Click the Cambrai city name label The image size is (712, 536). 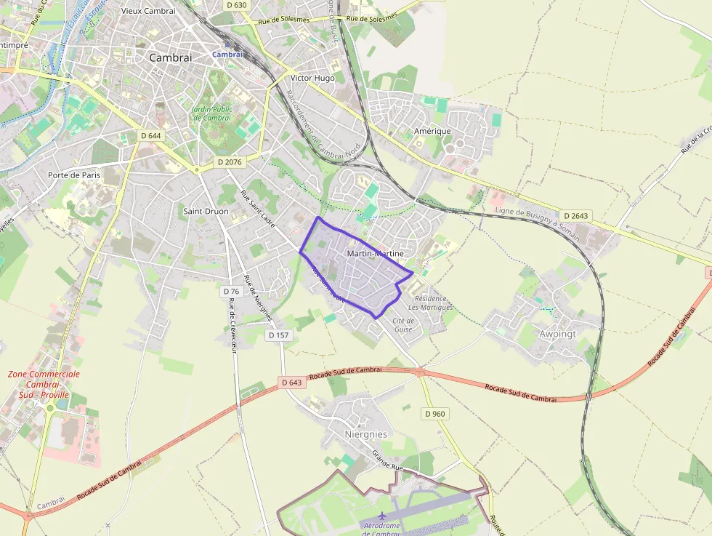[x=170, y=57]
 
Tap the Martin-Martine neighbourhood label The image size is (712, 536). [x=376, y=253]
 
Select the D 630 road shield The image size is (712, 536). [x=237, y=5]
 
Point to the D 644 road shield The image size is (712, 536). [x=150, y=135]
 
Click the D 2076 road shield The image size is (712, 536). [x=230, y=162]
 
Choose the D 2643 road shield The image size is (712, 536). [x=575, y=216]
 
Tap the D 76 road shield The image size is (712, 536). [x=231, y=291]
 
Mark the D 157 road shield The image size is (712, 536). [x=278, y=335]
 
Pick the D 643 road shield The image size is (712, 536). [x=291, y=383]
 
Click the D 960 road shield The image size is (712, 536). [x=434, y=414]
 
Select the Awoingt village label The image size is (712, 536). [x=557, y=335]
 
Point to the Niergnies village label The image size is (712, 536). [x=365, y=434]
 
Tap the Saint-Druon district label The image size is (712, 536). [x=206, y=212]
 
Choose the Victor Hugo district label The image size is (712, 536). [x=312, y=78]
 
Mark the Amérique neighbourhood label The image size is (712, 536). [x=432, y=131]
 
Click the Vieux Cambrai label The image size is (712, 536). [x=148, y=11]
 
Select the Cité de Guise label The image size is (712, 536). [x=403, y=325]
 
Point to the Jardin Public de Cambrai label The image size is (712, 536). [x=212, y=113]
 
